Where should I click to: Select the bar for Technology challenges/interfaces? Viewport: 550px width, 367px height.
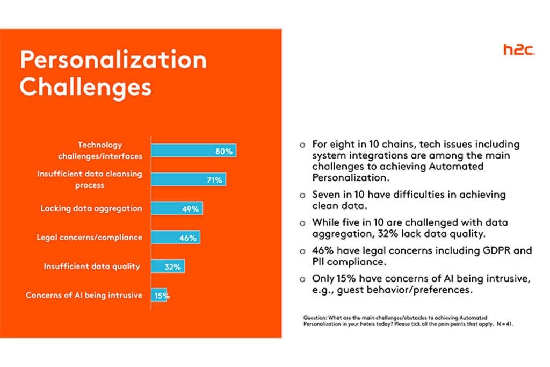click(x=193, y=151)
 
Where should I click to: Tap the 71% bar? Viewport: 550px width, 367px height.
click(x=188, y=180)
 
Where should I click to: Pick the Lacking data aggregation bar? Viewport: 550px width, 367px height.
click(x=177, y=208)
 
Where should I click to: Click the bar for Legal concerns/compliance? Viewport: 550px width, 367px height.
click(x=176, y=237)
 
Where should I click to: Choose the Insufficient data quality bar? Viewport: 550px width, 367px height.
click(x=168, y=266)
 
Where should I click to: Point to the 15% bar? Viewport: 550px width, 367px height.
click(x=159, y=295)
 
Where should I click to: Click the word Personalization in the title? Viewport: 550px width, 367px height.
click(x=113, y=60)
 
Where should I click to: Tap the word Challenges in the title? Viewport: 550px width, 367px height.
click(x=86, y=87)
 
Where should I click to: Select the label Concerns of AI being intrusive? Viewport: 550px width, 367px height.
click(x=84, y=295)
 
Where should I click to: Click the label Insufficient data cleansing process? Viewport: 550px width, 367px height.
click(x=89, y=179)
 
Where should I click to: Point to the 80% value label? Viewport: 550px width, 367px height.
click(x=224, y=152)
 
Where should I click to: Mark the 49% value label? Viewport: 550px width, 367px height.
click(x=190, y=209)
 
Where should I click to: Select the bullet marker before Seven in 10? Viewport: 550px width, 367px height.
click(x=302, y=195)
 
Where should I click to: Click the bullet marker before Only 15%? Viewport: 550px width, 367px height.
click(x=302, y=279)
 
